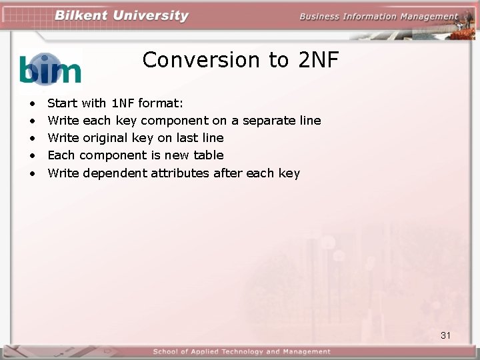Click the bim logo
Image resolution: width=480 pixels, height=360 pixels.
tap(51, 69)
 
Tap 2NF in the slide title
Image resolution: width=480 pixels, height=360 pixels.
tap(319, 60)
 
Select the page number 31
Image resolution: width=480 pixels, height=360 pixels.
tap(445, 335)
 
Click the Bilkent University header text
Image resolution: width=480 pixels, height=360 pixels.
tap(122, 16)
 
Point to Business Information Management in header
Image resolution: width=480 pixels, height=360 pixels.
tap(378, 17)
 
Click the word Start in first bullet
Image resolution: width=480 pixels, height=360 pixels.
tap(63, 103)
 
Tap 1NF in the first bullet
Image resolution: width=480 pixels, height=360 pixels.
tap(123, 103)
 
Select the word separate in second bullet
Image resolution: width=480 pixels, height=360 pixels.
tap(268, 121)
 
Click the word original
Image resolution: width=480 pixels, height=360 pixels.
tap(106, 138)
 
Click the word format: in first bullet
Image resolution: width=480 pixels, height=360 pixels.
tap(161, 103)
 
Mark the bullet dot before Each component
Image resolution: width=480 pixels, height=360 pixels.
tap(31, 156)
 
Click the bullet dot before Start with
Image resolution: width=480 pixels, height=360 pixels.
tap(31, 104)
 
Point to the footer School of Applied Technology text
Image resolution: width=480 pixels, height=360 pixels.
tap(241, 351)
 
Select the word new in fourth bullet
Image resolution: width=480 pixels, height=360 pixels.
tap(175, 155)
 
